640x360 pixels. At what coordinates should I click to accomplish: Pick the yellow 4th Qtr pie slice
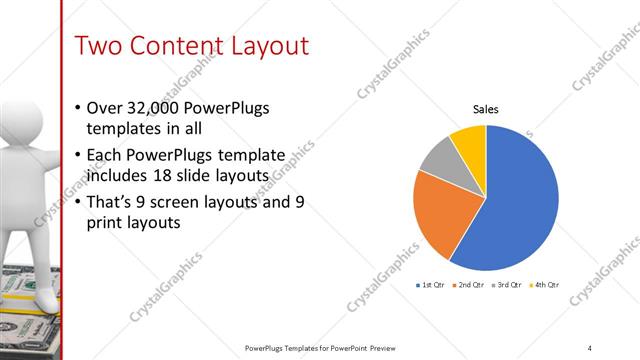coord(470,140)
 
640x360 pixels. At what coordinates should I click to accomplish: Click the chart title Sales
coord(486,110)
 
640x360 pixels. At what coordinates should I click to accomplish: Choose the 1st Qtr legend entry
coord(433,285)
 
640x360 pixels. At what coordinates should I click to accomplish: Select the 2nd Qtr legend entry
coord(469,285)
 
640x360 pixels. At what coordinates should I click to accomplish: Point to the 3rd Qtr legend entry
coord(506,285)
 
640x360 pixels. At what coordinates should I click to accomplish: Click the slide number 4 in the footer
coord(589,347)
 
